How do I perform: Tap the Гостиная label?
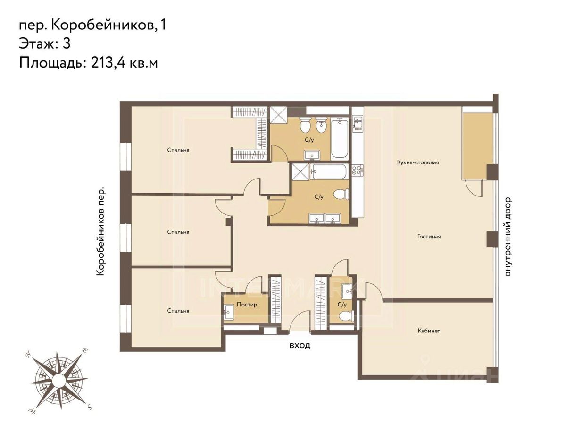429,237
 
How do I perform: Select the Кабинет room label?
429,331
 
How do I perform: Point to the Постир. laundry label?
248,305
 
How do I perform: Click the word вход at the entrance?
300,346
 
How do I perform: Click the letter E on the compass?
85,350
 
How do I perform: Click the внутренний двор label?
508,237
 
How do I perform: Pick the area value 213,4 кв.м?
124,63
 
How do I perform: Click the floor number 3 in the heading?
67,43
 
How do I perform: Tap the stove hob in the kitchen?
358,170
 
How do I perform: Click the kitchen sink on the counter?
358,123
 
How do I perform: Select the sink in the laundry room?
229,313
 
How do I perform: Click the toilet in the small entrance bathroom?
346,316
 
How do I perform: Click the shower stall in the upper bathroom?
278,115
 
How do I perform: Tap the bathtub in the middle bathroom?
329,171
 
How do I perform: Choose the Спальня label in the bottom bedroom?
178,311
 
